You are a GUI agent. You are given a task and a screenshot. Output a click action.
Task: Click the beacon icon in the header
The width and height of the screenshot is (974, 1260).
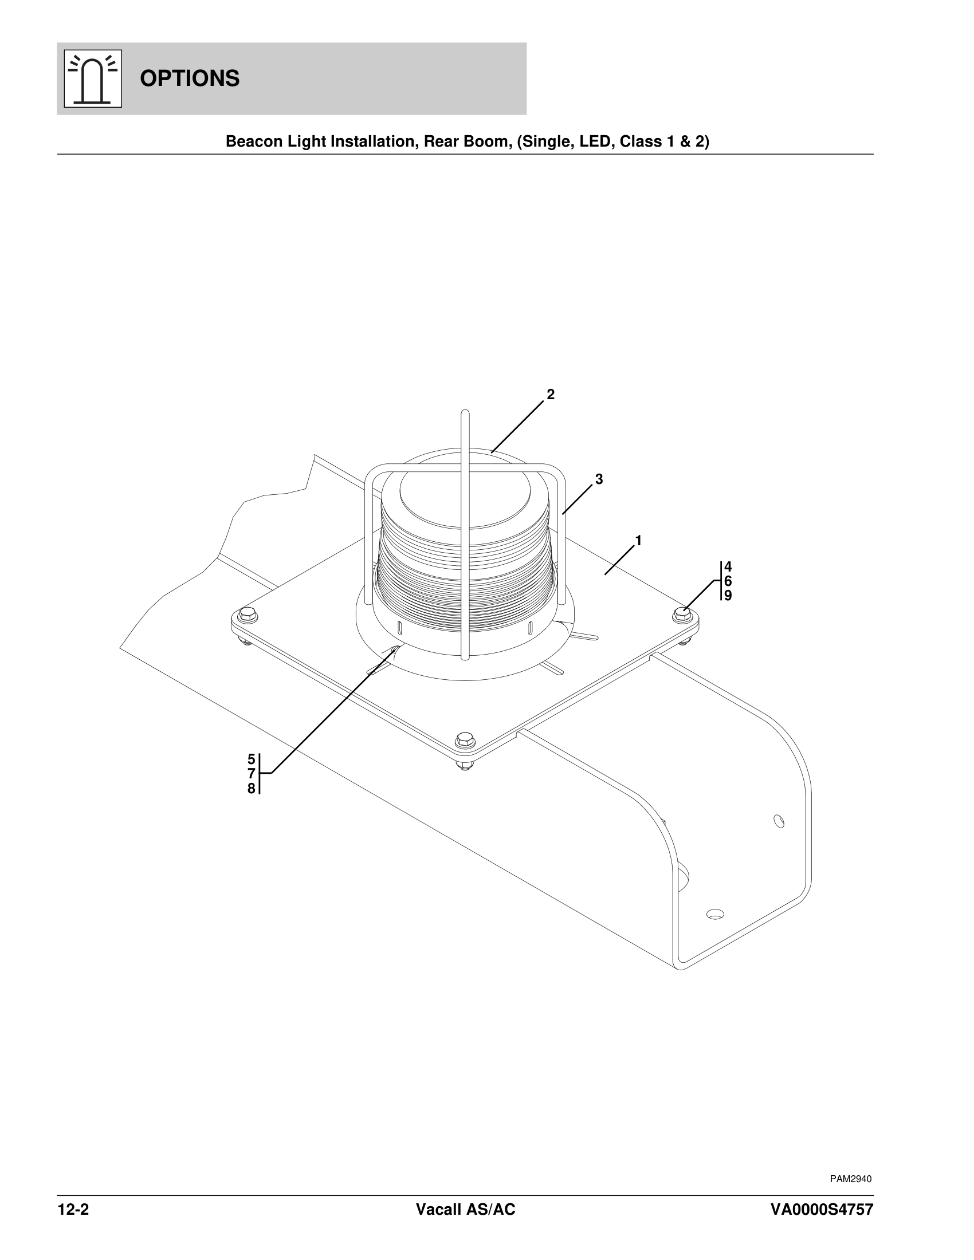93,78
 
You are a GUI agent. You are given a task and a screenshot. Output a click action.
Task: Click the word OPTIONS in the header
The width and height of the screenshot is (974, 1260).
189,78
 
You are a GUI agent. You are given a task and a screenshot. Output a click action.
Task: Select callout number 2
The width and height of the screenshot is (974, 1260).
551,395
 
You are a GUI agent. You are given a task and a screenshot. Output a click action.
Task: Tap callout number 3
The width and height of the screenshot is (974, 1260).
599,479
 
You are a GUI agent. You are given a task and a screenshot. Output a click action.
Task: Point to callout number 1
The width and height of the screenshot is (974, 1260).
638,541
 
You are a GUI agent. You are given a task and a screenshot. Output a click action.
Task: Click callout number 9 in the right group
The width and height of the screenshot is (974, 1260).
728,595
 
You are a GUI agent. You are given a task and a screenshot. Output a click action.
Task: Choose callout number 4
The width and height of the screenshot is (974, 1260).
728,566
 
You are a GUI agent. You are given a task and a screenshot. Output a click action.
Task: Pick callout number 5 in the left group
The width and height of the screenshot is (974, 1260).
252,759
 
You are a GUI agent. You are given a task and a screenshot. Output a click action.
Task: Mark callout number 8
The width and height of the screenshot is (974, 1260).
252,789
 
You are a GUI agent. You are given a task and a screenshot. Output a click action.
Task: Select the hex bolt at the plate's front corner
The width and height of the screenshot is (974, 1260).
464,739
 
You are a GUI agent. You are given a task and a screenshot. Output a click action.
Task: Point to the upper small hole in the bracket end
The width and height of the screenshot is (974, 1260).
779,820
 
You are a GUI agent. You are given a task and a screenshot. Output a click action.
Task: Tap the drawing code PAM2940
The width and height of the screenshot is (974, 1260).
850,1179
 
